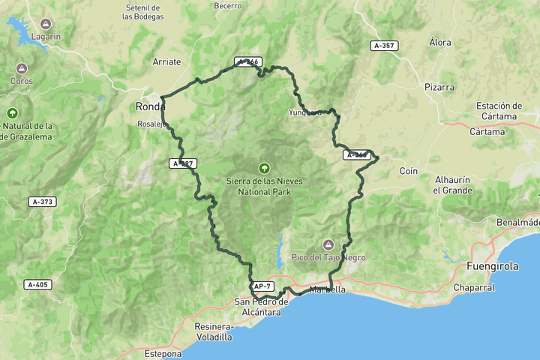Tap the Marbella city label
click(x=327, y=289)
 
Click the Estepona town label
click(x=163, y=353)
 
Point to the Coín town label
click(x=408, y=171)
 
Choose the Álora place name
click(x=440, y=43)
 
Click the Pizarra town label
click(x=439, y=87)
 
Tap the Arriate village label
click(x=166, y=62)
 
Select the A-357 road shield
click(x=385, y=46)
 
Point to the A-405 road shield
click(x=37, y=284)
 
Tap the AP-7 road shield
click(x=262, y=286)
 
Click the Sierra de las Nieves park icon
click(x=263, y=168)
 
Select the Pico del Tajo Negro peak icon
click(x=328, y=244)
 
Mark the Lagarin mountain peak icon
click(x=46, y=24)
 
